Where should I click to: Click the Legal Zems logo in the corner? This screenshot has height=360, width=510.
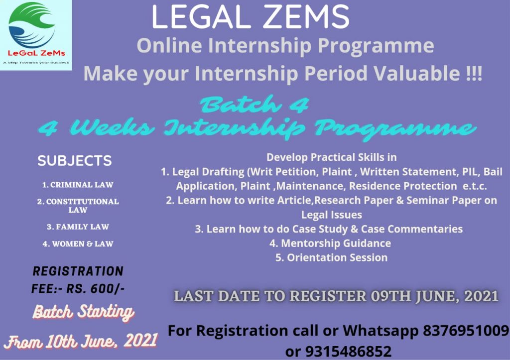point(36,35)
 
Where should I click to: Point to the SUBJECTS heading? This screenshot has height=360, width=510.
point(75,161)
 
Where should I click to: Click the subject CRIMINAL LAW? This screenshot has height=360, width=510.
point(78,185)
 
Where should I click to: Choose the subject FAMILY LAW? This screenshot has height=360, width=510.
point(78,227)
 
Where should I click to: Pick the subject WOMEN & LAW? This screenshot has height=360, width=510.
point(78,244)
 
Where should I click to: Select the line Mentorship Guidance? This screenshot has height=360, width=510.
point(330,243)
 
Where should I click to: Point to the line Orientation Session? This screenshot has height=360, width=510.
point(331,257)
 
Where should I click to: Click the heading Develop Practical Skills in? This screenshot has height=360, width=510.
point(332,157)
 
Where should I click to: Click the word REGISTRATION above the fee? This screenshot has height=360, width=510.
point(78,272)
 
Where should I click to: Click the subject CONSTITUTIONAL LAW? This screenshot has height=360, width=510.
point(78,206)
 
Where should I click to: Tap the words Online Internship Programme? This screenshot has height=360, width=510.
point(285,46)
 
